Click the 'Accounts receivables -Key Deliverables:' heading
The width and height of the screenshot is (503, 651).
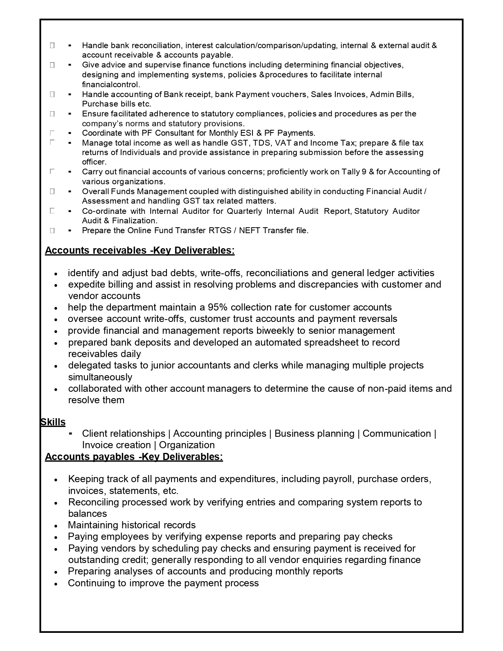click(140, 251)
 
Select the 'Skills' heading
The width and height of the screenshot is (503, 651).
click(53, 422)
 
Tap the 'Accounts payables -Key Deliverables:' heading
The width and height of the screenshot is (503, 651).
click(134, 456)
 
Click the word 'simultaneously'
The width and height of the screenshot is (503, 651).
click(100, 377)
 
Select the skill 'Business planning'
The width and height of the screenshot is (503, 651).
click(314, 434)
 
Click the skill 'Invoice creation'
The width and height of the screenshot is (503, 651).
click(116, 445)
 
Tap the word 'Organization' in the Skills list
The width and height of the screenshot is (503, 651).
click(187, 445)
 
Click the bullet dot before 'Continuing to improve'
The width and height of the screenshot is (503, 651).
click(56, 584)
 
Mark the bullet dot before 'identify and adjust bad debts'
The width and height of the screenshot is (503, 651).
click(56, 274)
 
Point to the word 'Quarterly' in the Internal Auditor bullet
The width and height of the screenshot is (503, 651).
click(244, 211)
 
